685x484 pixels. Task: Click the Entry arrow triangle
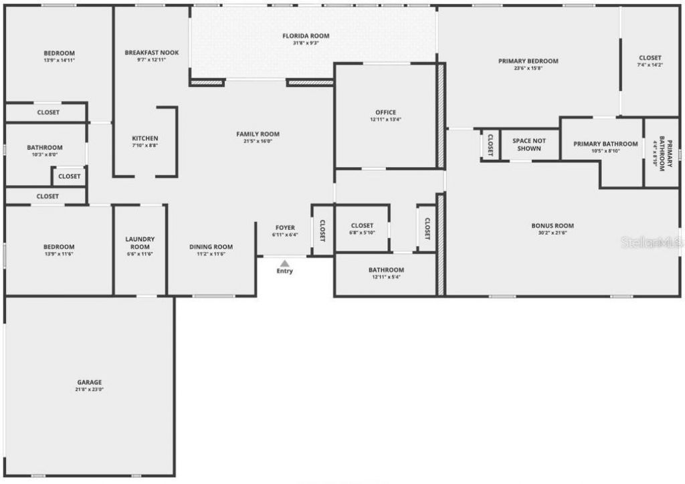(x=284, y=263)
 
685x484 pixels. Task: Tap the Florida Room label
(x=306, y=36)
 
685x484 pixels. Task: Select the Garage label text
(x=89, y=382)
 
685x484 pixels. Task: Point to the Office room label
(x=385, y=112)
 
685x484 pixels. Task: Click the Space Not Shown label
(x=529, y=144)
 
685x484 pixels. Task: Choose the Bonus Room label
(x=553, y=226)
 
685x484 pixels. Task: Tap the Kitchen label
(x=145, y=138)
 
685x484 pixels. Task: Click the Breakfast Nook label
(x=152, y=53)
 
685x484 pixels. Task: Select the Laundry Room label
(x=140, y=242)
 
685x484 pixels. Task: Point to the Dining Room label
(x=211, y=247)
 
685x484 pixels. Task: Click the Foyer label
(x=284, y=228)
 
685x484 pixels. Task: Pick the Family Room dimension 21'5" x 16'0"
(x=258, y=142)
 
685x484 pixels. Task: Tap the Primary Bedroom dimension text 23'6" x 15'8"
(x=528, y=68)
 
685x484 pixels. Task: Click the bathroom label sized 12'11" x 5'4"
(x=386, y=270)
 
